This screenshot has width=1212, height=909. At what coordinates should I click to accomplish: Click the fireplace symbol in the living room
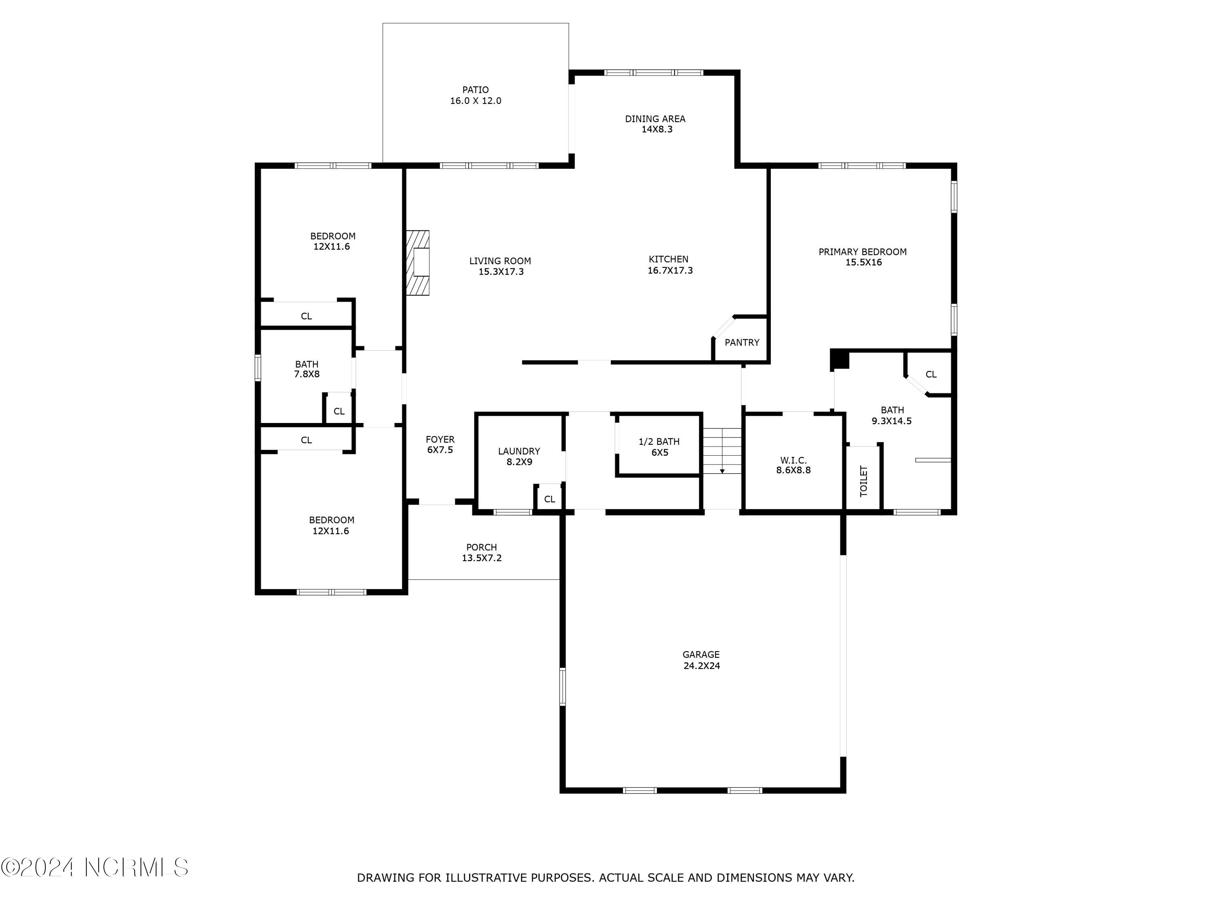pos(417,263)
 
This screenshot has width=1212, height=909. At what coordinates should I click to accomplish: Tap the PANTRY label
pos(742,343)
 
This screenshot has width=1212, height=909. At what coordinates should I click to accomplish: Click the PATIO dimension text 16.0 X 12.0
pos(476,101)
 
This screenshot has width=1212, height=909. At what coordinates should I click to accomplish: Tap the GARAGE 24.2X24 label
pos(701,660)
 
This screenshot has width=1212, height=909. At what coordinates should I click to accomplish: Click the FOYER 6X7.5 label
pos(440,444)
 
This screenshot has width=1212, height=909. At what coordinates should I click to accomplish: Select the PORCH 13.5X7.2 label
pos(482,552)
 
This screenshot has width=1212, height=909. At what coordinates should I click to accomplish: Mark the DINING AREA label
pos(655,119)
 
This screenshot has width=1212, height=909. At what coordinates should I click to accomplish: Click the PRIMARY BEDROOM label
pos(863,252)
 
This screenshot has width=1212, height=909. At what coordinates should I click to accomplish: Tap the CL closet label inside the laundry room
pos(549,499)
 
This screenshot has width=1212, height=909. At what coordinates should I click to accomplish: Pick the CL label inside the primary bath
pos(931,374)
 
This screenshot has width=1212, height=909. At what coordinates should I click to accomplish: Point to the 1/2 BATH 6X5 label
pos(659,446)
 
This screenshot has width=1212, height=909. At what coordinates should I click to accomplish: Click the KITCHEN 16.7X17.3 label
pos(669,265)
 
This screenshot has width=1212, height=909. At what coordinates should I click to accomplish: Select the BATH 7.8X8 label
pos(307,369)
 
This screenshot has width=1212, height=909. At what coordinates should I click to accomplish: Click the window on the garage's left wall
pos(562,686)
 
